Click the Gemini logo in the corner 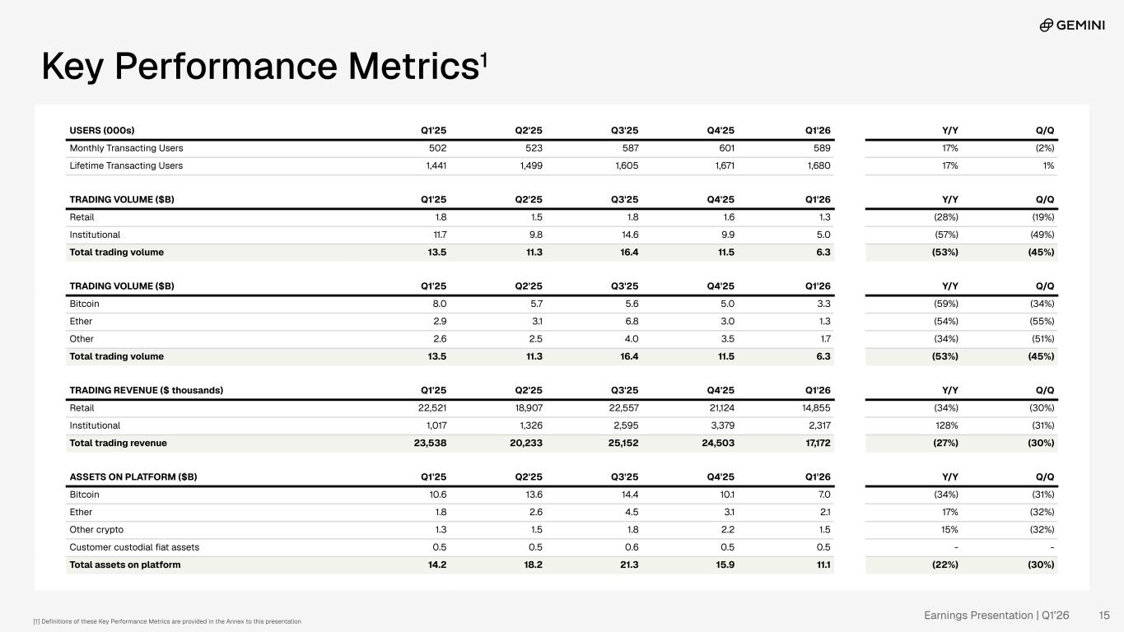(x=1072, y=25)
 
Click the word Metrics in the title (x=414, y=66)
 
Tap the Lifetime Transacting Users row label (x=126, y=165)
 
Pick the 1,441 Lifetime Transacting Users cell (x=436, y=165)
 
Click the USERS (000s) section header (x=102, y=130)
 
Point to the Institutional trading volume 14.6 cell (x=629, y=235)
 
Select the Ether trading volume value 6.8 (x=632, y=321)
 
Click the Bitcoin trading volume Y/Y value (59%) (x=946, y=304)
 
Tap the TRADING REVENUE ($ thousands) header (x=146, y=390)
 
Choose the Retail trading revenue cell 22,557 (x=623, y=408)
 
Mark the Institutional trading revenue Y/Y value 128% (x=947, y=425)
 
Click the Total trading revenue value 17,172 (x=818, y=443)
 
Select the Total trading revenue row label (x=118, y=443)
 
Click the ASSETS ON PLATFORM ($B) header (x=133, y=477)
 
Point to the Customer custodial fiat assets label (x=134, y=547)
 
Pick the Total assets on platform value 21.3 (x=629, y=565)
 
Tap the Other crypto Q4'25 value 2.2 (x=728, y=530)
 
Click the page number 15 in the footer (x=1104, y=616)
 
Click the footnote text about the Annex (x=167, y=621)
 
